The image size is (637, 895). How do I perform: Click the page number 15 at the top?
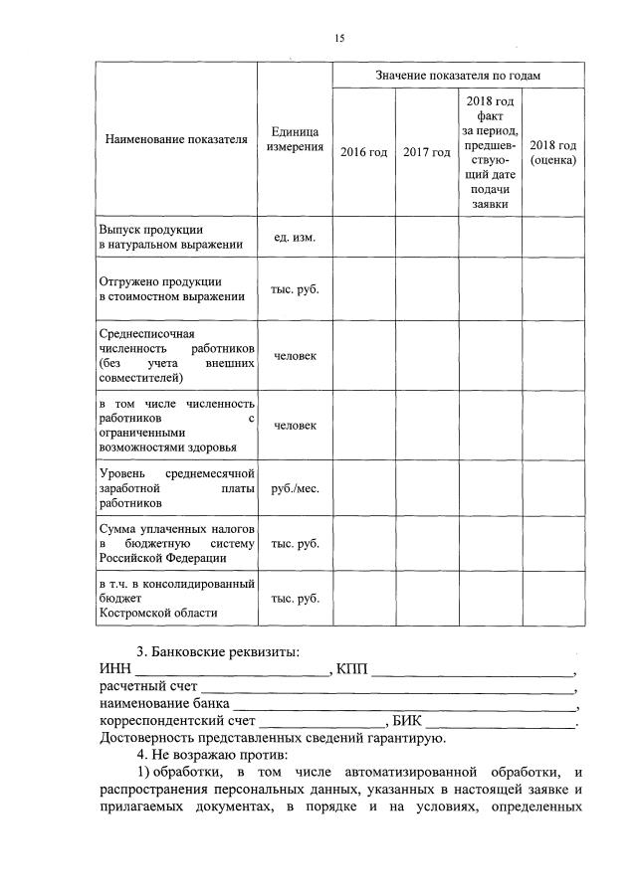[x=339, y=38]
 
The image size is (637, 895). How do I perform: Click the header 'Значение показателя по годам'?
[x=459, y=75]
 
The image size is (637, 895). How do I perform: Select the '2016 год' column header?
[x=363, y=152]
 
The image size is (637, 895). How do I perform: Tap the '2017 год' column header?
[x=427, y=152]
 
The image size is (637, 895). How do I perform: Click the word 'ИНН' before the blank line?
[x=114, y=669]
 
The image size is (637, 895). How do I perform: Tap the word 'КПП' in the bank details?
[x=353, y=669]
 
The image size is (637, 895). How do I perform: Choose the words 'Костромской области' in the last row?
[x=156, y=614]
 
